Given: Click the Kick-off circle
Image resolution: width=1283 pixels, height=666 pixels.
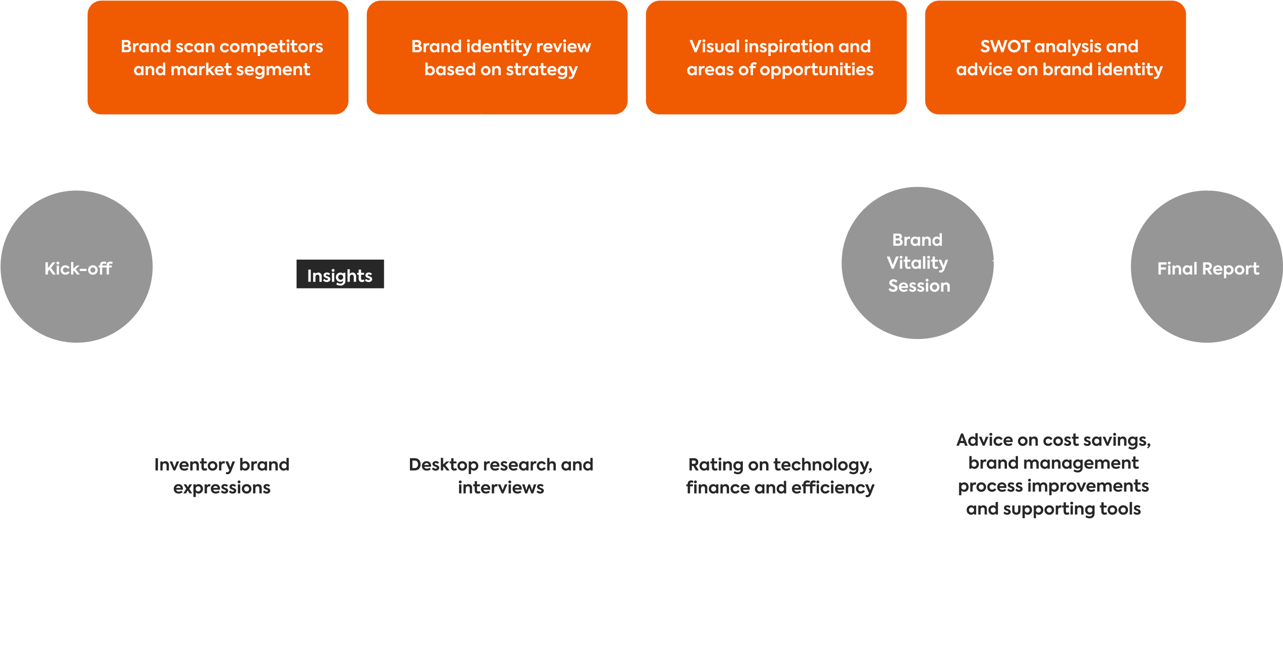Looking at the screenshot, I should pos(77,267).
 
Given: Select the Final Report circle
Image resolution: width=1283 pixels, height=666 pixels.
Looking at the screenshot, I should pos(1207,267).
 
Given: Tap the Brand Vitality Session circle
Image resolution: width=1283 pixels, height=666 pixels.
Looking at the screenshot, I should pos(918,263).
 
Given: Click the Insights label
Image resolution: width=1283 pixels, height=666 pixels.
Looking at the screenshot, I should pos(340,274).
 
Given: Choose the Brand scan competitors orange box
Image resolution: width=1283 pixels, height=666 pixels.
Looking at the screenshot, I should pos(218,57).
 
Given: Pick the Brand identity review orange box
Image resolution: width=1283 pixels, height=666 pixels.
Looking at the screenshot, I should pos(497,57).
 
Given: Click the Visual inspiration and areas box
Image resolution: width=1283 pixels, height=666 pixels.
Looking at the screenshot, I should pos(776,57).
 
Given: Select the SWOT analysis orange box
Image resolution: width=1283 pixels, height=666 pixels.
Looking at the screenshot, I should pos(1055,57).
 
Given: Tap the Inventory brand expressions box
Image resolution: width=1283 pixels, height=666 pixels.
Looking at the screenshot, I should pos(218,476).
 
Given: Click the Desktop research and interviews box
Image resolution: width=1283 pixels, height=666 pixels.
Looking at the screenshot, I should pos(497,476).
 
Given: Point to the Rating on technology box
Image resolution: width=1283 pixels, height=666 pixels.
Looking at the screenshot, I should pos(776,476).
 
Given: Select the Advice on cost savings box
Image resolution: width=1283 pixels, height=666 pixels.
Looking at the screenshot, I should pos(1055,476).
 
